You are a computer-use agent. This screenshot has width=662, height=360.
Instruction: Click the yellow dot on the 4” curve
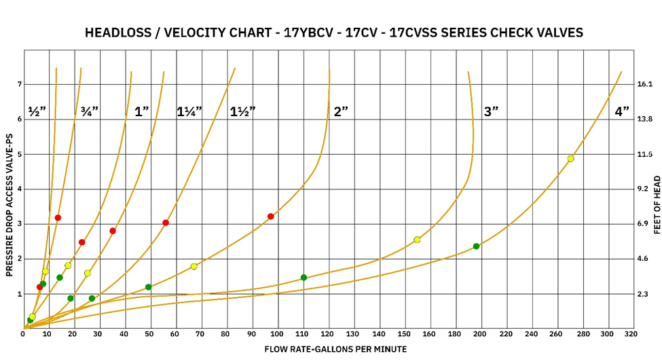pos(570,158)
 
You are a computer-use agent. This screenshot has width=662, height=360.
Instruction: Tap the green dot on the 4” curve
pos(476,246)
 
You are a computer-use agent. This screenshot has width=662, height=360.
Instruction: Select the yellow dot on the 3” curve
pos(417,240)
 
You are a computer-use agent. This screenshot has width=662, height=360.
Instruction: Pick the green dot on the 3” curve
pos(304,277)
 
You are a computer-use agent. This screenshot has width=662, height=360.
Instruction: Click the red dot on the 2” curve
pos(270,217)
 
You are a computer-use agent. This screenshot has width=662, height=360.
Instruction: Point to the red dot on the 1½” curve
pos(166,223)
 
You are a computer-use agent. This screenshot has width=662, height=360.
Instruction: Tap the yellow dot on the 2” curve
pos(194,266)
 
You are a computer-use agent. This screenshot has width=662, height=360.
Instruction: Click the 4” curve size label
pos(622,112)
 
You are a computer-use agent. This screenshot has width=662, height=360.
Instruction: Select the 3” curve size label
pos(492,112)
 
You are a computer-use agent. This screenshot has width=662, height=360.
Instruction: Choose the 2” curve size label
pos(341,112)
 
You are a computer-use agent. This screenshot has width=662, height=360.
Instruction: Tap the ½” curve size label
pos(36,111)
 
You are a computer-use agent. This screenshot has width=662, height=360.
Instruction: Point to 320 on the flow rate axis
pos(630,334)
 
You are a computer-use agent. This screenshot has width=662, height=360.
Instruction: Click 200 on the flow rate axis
pos(479,334)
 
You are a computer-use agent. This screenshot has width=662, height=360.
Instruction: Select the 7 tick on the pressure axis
pos(20,84)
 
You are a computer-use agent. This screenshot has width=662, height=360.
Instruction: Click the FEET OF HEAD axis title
pos(657,205)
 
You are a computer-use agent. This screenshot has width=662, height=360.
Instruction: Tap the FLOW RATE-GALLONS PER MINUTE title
pos(335,349)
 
